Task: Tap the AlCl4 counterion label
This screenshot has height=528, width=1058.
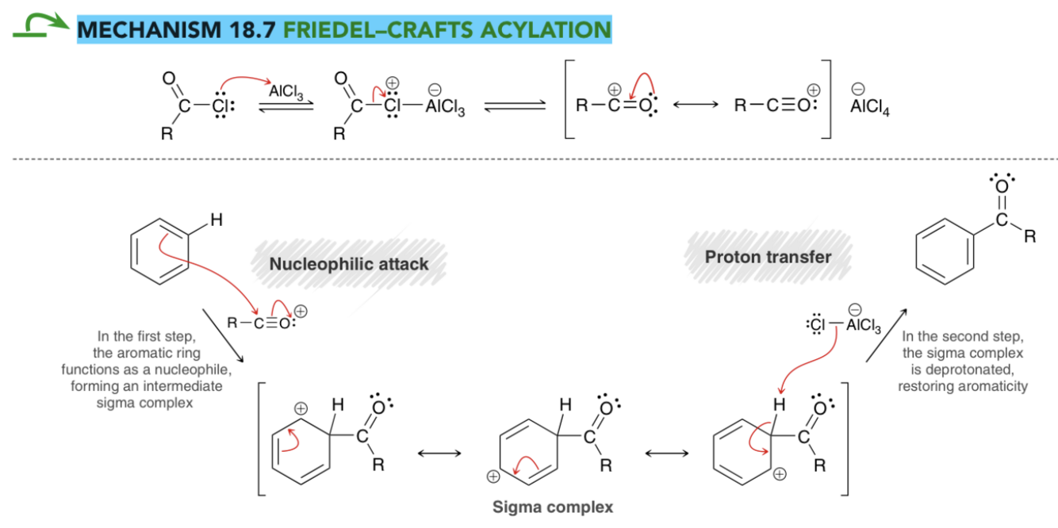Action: tap(869, 107)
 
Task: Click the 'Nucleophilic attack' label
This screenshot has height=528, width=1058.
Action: tap(349, 264)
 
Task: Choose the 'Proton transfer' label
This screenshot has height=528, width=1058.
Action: tap(768, 257)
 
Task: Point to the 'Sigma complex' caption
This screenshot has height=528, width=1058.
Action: tap(553, 507)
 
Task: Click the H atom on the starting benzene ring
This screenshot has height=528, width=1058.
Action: tap(217, 220)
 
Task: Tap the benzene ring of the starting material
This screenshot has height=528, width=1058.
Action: tap(159, 251)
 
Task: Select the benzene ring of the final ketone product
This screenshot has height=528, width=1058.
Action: tap(945, 251)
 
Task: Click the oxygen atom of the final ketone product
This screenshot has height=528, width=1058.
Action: tap(1002, 186)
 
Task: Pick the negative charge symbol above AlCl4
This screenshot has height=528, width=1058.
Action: tap(858, 89)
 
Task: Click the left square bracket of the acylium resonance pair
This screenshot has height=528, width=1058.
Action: tap(569, 99)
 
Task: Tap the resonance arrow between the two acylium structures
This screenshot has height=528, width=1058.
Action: tap(696, 105)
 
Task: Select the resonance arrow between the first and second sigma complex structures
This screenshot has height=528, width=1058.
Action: tap(439, 453)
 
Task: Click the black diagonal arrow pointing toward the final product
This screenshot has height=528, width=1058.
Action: tap(886, 335)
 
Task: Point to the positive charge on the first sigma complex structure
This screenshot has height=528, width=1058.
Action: tap(301, 408)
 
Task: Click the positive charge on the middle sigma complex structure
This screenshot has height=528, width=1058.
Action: tap(493, 476)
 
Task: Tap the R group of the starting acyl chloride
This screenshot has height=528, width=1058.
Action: tap(167, 134)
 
